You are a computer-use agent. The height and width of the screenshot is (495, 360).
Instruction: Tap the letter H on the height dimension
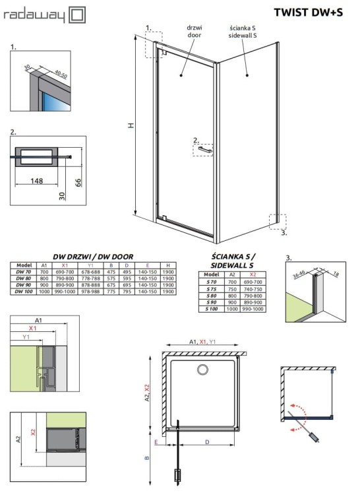pos(131,126)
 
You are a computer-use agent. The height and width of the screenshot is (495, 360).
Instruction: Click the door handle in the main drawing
pos(204,150)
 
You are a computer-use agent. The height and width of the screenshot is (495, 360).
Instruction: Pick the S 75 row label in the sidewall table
pos(211,288)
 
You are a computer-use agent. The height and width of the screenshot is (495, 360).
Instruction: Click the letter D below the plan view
pos(208,441)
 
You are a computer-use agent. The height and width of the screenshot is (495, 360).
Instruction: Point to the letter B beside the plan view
pos(148,456)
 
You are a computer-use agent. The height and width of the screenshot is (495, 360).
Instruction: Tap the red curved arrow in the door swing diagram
pos(301,409)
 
